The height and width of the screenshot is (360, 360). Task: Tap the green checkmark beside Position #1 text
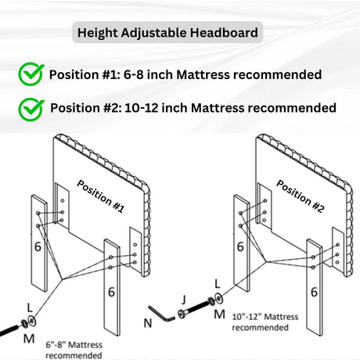(31, 74)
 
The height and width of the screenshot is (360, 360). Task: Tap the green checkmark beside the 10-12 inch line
(31, 107)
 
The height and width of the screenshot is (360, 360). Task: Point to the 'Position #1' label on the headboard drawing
(100, 196)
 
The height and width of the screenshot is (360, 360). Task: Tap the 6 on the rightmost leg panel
(314, 291)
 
